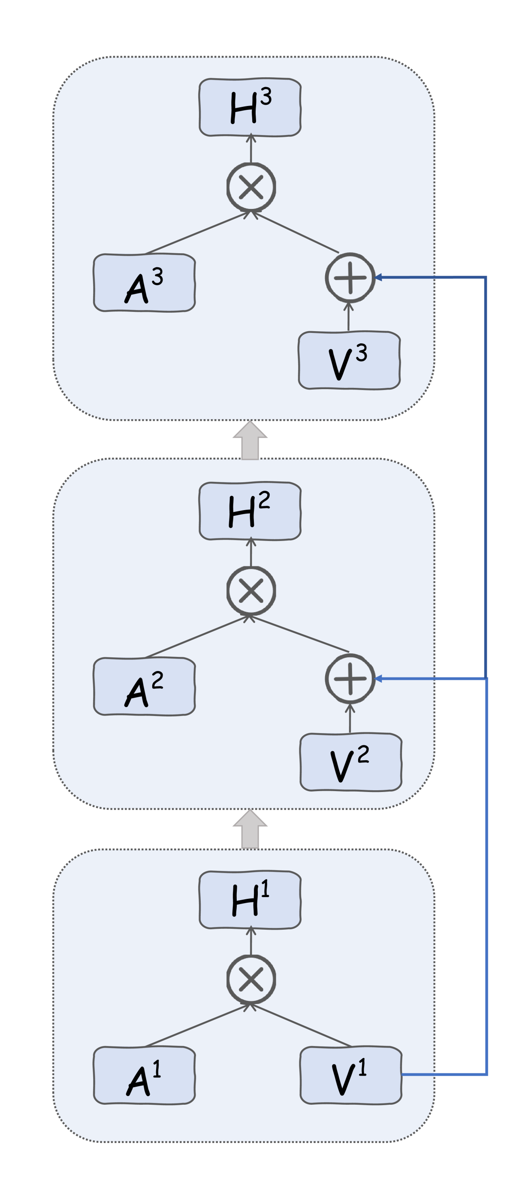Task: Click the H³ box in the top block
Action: pyautogui.click(x=250, y=107)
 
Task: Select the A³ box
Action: pyautogui.click(x=144, y=283)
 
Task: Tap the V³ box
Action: pyautogui.click(x=349, y=360)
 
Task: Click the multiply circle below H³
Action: pyautogui.click(x=251, y=187)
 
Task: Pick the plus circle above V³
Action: pyautogui.click(x=350, y=278)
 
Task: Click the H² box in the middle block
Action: pyautogui.click(x=250, y=511)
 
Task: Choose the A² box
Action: pyautogui.click(x=144, y=686)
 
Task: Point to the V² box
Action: pyautogui.click(x=350, y=762)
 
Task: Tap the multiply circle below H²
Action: pyautogui.click(x=251, y=591)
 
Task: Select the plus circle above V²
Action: pyautogui.click(x=350, y=679)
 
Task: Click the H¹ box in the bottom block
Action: pyautogui.click(x=250, y=900)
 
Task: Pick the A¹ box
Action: pyautogui.click(x=144, y=1075)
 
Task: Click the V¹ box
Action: pyautogui.click(x=350, y=1075)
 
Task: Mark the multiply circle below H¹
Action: pyautogui.click(x=251, y=979)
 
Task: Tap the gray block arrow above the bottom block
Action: pyautogui.click(x=250, y=829)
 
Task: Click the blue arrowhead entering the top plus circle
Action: pyautogui.click(x=379, y=278)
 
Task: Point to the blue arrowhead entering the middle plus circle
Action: pyautogui.click(x=379, y=679)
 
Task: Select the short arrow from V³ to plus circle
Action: pyautogui.click(x=348, y=317)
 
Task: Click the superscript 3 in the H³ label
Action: pyautogui.click(x=266, y=97)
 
